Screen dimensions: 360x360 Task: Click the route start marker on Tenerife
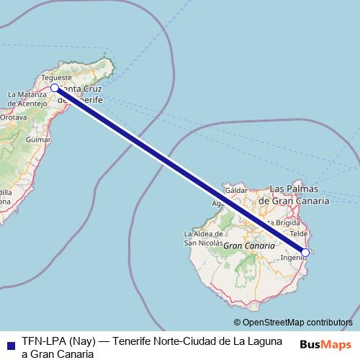click(x=55, y=88)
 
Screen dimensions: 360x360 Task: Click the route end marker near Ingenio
click(x=305, y=253)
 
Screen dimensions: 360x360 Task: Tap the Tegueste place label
click(x=57, y=77)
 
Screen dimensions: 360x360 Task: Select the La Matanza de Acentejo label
click(x=27, y=99)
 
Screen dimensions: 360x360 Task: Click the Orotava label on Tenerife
click(x=13, y=116)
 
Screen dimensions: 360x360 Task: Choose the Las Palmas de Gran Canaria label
click(x=299, y=194)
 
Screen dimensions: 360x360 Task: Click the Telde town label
click(x=298, y=234)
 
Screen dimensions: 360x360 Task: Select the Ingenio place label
click(x=292, y=257)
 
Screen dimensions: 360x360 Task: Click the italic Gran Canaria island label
click(x=249, y=246)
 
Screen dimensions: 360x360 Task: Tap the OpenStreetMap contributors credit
click(x=293, y=323)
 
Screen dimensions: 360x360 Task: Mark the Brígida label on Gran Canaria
click(x=284, y=223)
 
